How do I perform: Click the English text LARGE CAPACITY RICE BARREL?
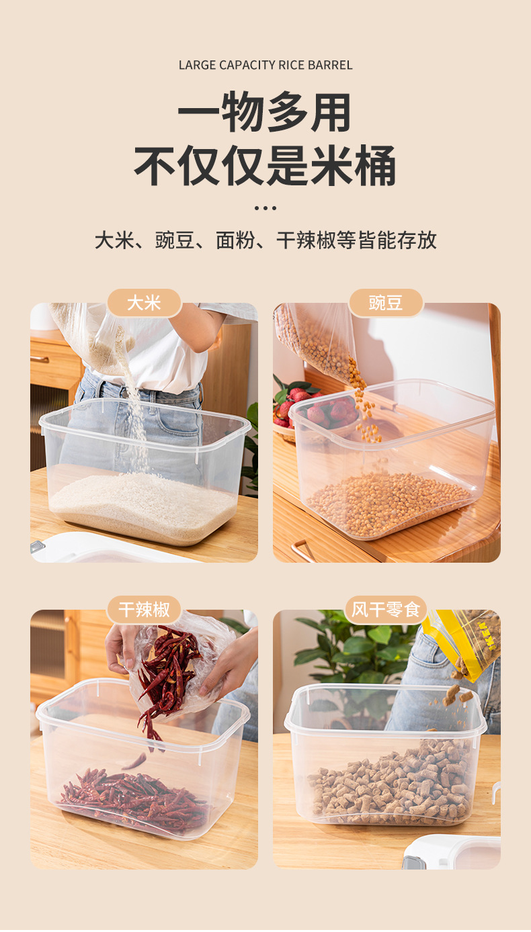click(x=265, y=65)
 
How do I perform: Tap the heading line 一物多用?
click(x=265, y=112)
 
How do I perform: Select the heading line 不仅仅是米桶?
click(x=265, y=165)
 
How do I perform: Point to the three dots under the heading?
click(x=265, y=208)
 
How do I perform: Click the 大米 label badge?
click(x=144, y=303)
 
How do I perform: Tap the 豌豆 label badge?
click(x=386, y=303)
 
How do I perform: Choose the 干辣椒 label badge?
click(x=144, y=610)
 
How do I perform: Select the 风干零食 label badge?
click(x=386, y=610)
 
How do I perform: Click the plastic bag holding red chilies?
click(x=178, y=661)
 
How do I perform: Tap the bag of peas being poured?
click(x=316, y=339)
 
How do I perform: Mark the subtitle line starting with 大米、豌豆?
click(x=265, y=240)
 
